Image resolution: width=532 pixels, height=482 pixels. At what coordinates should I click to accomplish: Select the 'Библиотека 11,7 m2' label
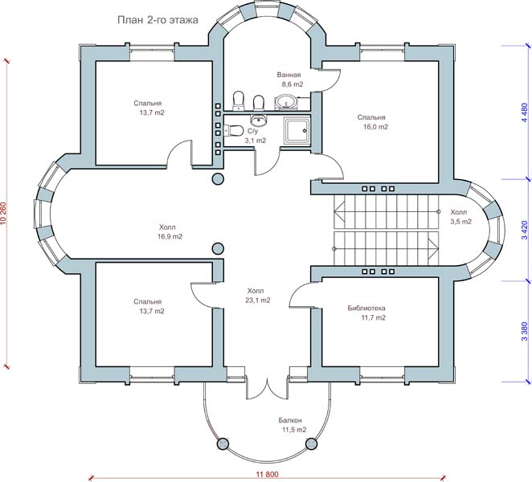coord(366,312)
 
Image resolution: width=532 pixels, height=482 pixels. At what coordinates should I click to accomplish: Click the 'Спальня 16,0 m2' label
coord(372,122)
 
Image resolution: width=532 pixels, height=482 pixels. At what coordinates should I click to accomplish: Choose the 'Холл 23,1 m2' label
coord(256,295)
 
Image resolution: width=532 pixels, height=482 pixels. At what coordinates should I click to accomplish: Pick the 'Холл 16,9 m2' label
coord(170,231)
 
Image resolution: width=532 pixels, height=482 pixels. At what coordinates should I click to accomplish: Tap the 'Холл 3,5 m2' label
coord(460,216)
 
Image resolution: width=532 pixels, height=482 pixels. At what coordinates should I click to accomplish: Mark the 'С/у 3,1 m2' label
coord(255,135)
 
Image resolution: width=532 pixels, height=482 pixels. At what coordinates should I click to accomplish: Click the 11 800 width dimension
coord(268,475)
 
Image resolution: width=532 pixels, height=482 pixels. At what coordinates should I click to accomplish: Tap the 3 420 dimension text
coord(523,231)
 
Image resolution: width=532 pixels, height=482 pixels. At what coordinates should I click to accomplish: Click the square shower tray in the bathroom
coord(295,131)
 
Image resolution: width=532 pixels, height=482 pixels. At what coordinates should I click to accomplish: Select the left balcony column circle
coord(223,443)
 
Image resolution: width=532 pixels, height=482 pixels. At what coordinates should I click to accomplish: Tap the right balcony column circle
coord(314,443)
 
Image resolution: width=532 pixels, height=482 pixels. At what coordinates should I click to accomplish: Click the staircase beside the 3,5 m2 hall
coord(386,229)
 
